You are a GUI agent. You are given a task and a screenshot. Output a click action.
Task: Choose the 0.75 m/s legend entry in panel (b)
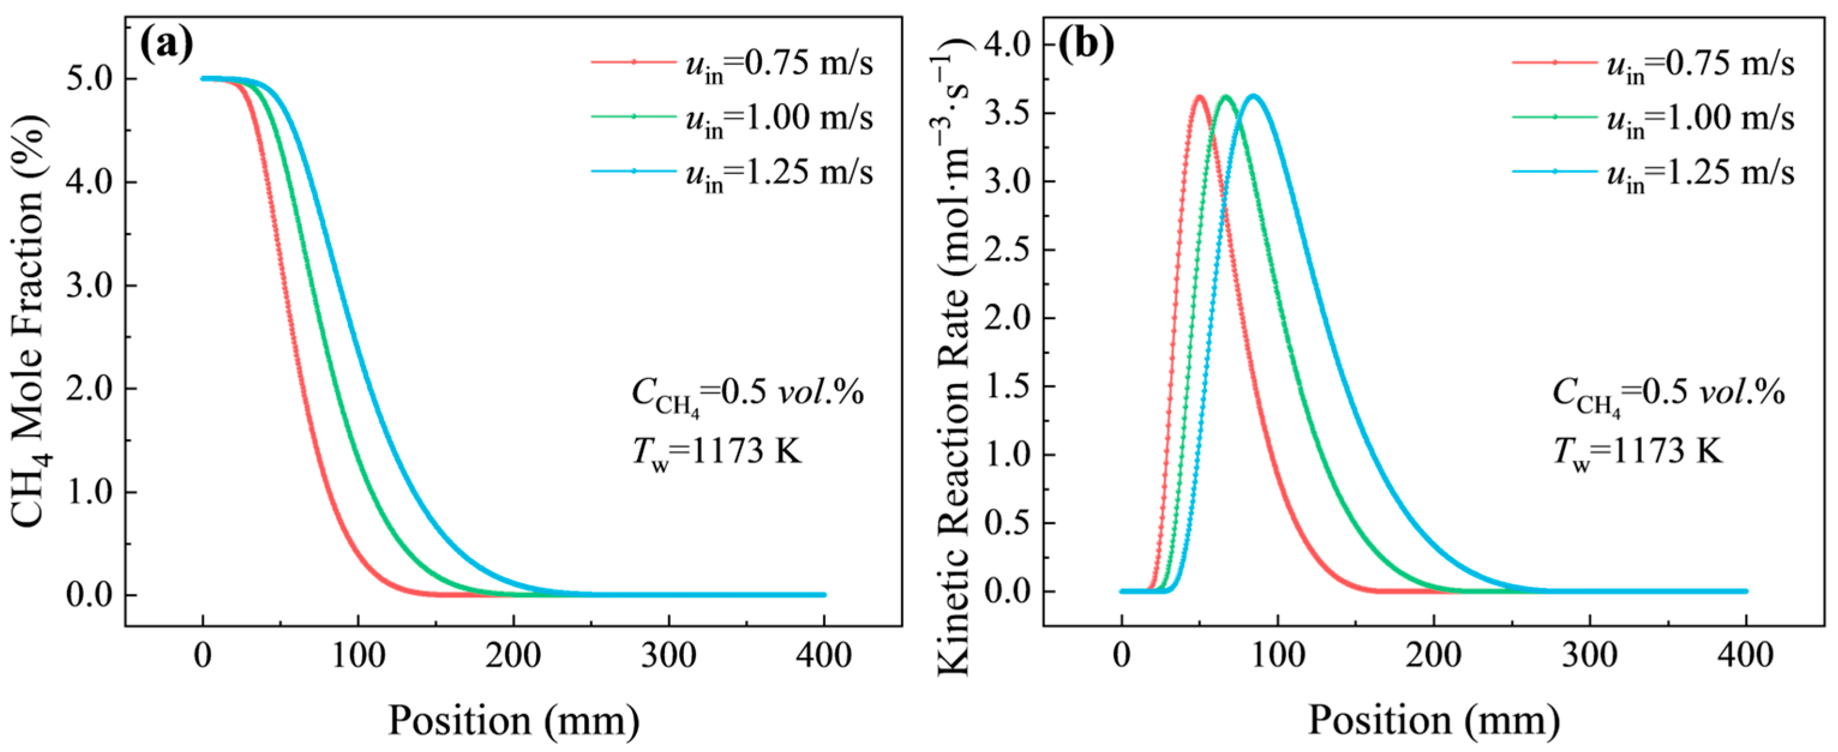1653,65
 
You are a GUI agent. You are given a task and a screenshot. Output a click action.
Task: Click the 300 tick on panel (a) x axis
669,655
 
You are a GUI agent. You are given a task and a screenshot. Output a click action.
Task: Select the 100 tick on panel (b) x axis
1278,655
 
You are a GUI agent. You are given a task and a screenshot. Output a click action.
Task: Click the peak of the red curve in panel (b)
1199,97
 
